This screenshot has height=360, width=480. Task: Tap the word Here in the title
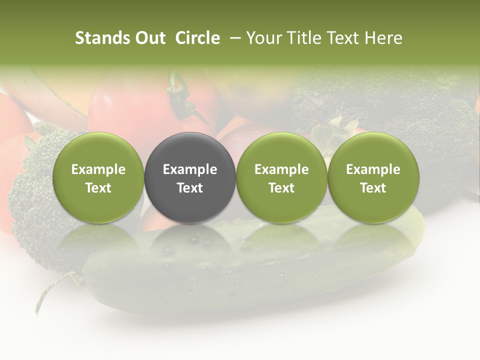[x=383, y=38]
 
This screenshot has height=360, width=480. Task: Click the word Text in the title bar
[x=343, y=38]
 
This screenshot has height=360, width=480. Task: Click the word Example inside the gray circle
[x=190, y=169]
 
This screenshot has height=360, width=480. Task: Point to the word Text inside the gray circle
[x=190, y=188]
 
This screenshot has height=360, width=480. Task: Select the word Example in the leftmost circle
[x=98, y=169]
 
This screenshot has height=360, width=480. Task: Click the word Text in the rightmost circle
[x=373, y=188]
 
